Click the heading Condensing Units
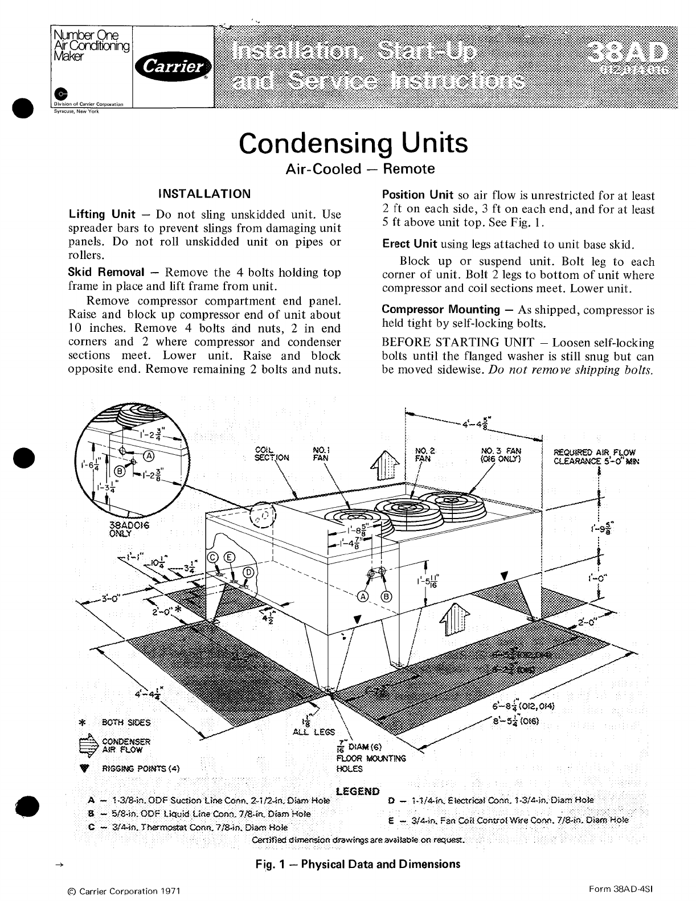tap(353, 143)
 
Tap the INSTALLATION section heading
tap(204, 194)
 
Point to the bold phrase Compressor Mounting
tap(440, 310)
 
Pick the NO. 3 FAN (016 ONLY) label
tap(501, 455)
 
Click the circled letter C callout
tap(213, 557)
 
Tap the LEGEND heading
tap(358, 791)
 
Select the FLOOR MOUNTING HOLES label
tap(371, 763)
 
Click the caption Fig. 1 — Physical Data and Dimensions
tap(358, 864)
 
